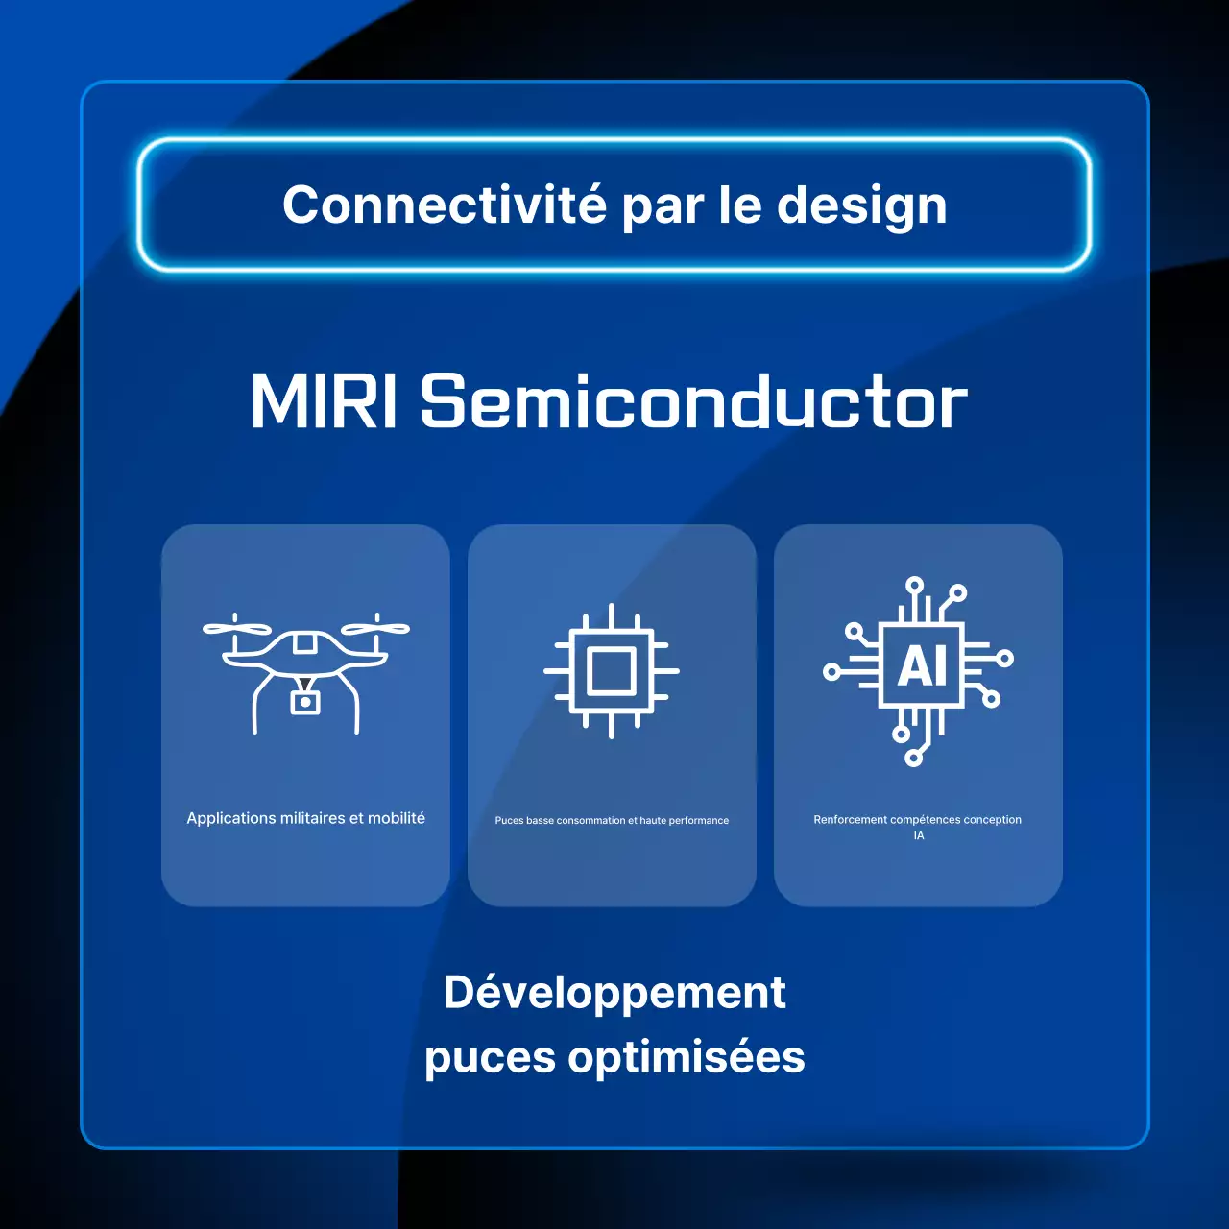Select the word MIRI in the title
pos(324,401)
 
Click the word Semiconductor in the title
pos(693,401)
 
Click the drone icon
pos(305,672)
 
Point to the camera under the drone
pos(305,702)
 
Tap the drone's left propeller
pos(236,629)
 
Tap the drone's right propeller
pos(376,629)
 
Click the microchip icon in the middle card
pos(612,671)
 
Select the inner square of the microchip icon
pos(612,671)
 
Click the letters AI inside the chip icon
pos(922,665)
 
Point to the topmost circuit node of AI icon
pos(914,584)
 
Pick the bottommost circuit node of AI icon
pos(914,759)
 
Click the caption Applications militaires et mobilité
pos(305,818)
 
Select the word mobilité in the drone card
pos(397,818)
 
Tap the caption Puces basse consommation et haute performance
pos(612,821)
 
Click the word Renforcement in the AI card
pos(850,820)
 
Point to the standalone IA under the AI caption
pos(919,835)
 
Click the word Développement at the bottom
pos(614,993)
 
